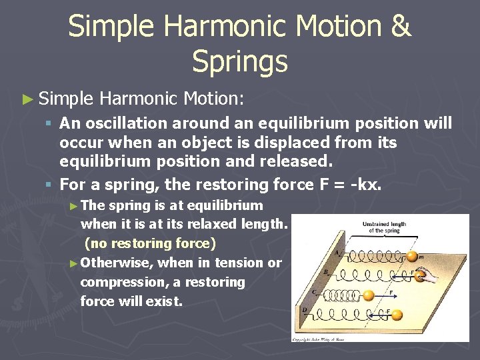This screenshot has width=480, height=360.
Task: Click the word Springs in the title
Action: coord(239,61)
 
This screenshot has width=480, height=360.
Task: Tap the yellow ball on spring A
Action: coord(413,257)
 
